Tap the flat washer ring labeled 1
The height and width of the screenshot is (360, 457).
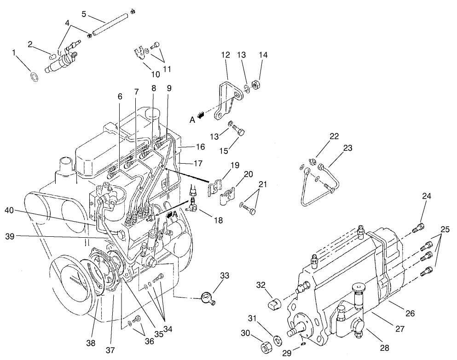click(34, 75)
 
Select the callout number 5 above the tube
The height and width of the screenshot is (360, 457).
click(84, 14)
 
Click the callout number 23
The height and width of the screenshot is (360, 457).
click(347, 148)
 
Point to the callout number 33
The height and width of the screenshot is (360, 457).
click(224, 275)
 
